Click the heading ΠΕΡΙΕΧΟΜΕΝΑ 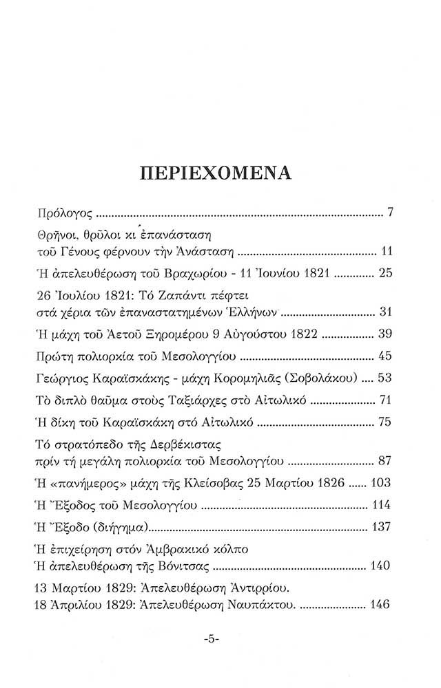[x=220, y=171]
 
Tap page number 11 [x=386, y=250]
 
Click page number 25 [x=385, y=274]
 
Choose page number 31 [x=385, y=312]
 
